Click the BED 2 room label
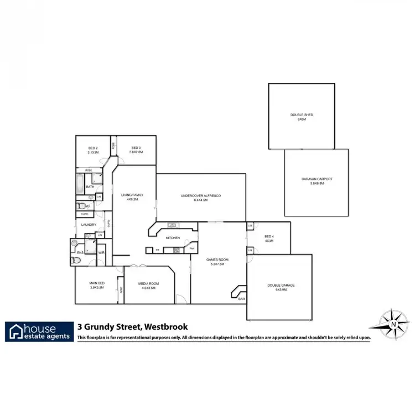coord(93,148)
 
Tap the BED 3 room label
coord(136,148)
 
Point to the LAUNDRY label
coord(89,225)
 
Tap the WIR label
coord(102,253)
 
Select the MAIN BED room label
coord(97,283)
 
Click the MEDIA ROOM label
coord(149,283)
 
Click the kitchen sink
coord(173,225)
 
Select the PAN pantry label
coord(192,249)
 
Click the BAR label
coord(241,299)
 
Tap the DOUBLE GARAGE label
coord(281,285)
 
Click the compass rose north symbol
coord(392,323)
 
